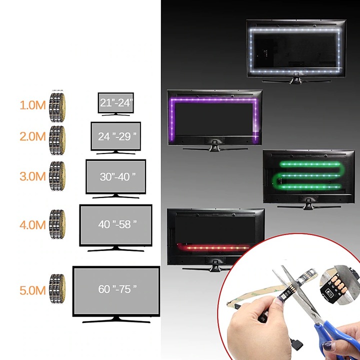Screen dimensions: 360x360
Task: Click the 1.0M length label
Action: pyautogui.click(x=32, y=105)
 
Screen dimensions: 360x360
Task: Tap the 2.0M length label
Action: pyautogui.click(x=32, y=136)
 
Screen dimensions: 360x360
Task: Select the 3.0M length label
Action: pyautogui.click(x=32, y=175)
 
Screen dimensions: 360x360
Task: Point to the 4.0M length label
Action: pyautogui.click(x=32, y=224)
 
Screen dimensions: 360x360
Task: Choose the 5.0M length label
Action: pyautogui.click(x=32, y=289)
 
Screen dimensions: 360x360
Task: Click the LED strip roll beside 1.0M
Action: pyautogui.click(x=57, y=106)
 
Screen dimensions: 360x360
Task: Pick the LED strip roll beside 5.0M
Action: pyautogui.click(x=57, y=289)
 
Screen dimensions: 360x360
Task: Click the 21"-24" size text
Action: pyautogui.click(x=116, y=103)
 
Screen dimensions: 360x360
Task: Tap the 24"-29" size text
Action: pyautogui.click(x=116, y=136)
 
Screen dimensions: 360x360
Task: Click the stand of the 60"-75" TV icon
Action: pyautogui.click(x=116, y=319)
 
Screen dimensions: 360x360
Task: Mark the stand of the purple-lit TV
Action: pyautogui.click(x=214, y=145)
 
